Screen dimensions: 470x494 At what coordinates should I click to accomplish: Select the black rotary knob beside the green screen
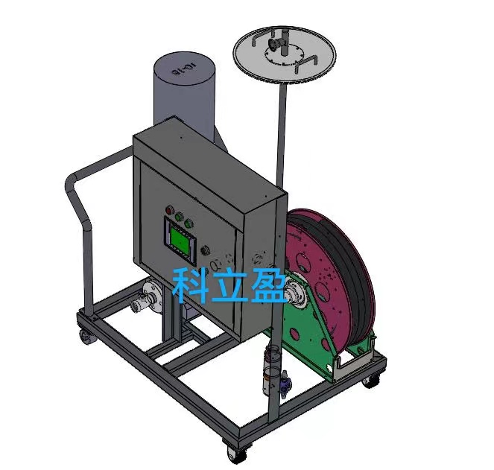point(203,253)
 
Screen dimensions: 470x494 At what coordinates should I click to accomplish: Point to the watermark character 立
point(229,285)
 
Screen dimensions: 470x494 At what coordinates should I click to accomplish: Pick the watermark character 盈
point(267,285)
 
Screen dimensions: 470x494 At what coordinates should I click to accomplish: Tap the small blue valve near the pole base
point(285,384)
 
